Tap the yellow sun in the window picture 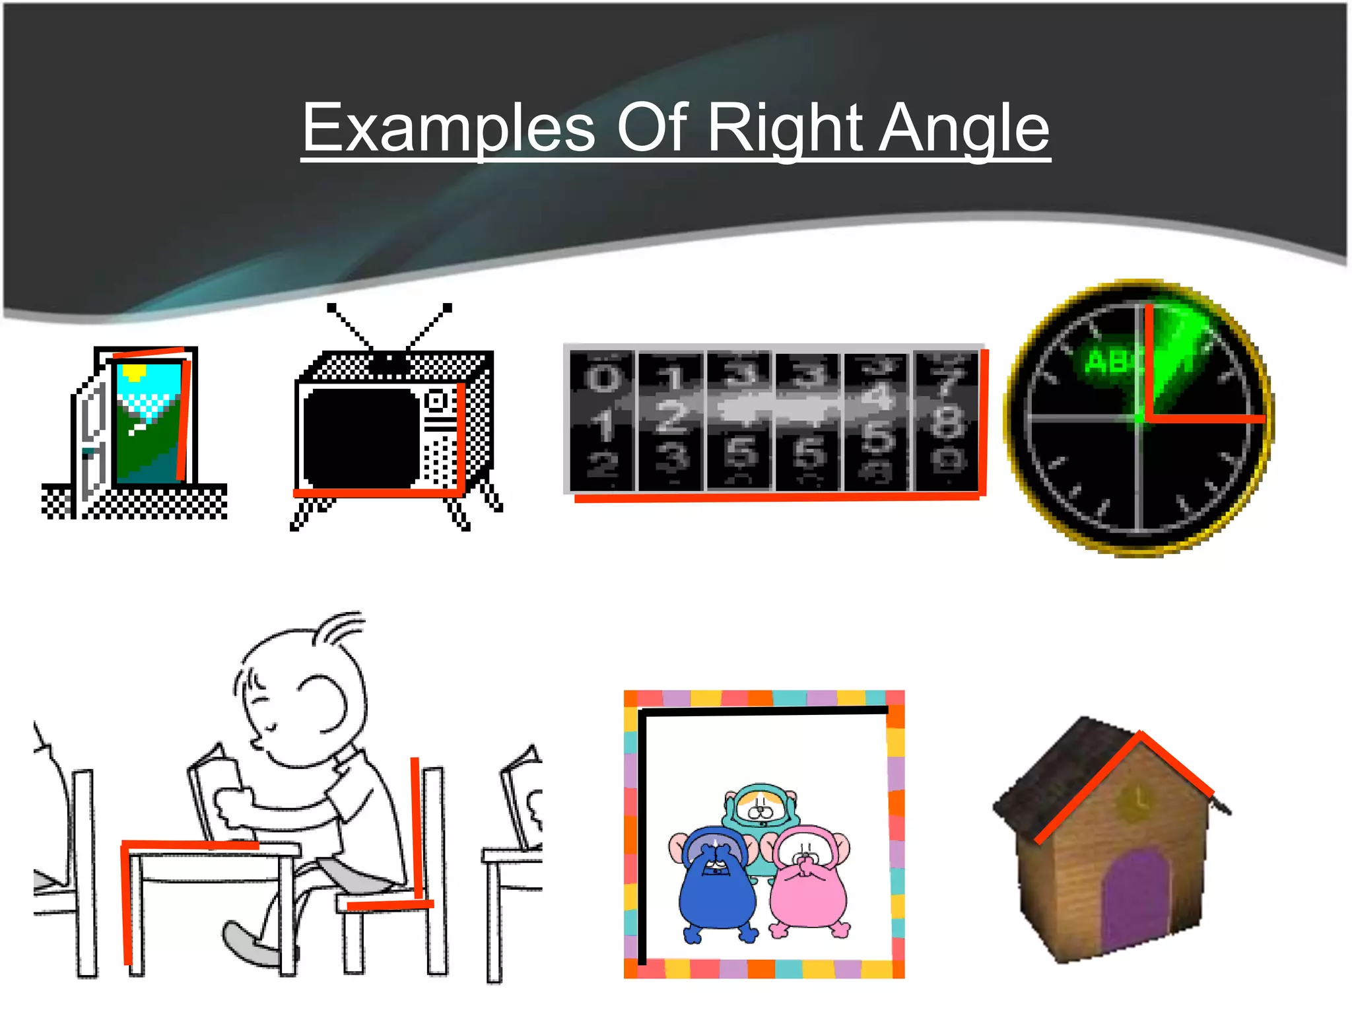pyautogui.click(x=134, y=374)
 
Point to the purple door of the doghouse pyautogui.click(x=1135, y=898)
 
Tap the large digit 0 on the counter pyautogui.click(x=603, y=378)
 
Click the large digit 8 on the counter pyautogui.click(x=947, y=421)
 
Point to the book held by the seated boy pyautogui.click(x=215, y=792)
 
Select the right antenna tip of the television pyautogui.click(x=448, y=308)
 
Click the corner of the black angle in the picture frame pyautogui.click(x=642, y=713)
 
